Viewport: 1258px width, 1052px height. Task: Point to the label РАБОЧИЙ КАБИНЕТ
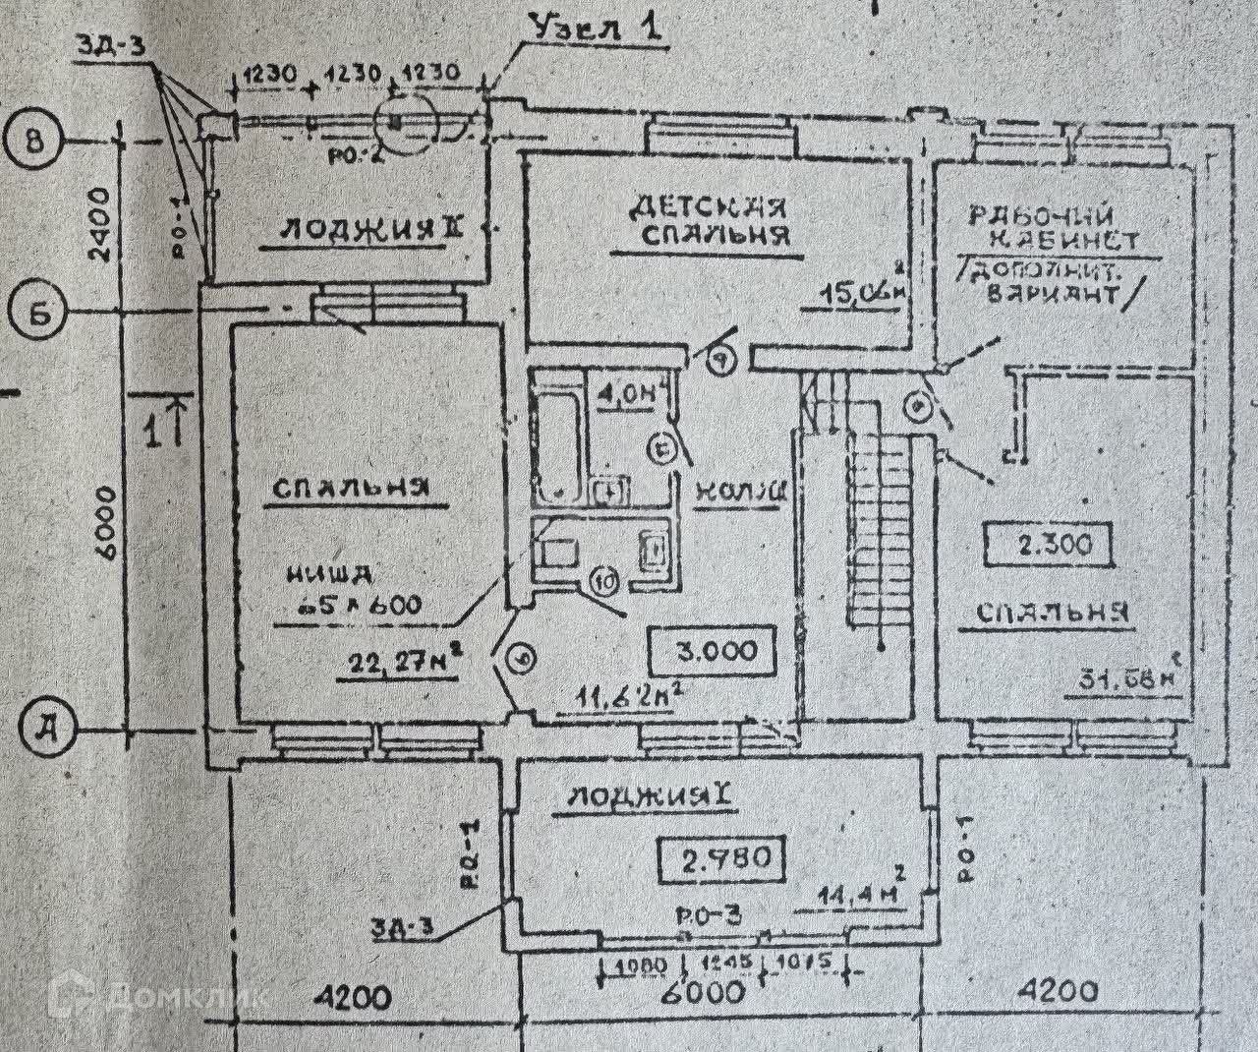click(1053, 226)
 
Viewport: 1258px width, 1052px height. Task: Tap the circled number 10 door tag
click(604, 582)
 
